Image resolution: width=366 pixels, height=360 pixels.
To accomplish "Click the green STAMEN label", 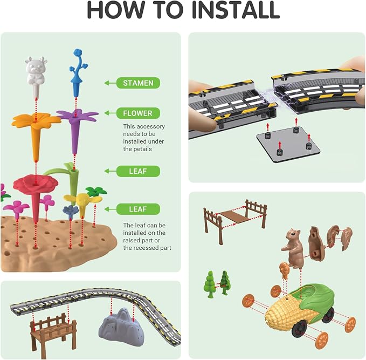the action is point(138,83).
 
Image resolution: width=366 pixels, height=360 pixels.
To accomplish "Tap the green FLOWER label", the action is point(138,113).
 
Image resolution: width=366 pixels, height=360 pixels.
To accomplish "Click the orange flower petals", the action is point(36,120).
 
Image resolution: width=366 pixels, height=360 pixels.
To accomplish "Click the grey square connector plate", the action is point(288,144).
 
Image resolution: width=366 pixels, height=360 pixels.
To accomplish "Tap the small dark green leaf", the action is point(96,191).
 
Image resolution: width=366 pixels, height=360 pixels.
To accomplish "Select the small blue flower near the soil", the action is point(71,210).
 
